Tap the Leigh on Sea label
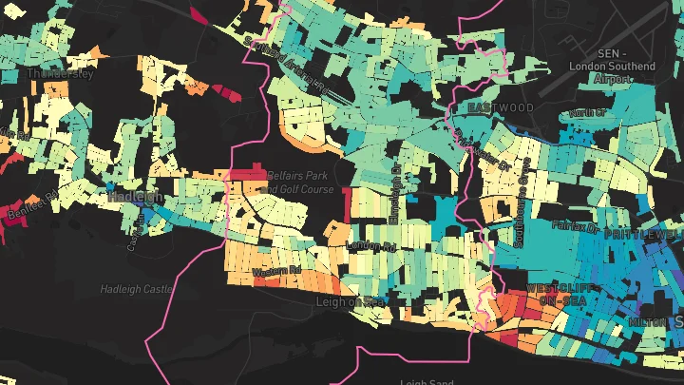tap(347, 301)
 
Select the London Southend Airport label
tap(611, 67)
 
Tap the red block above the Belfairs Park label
tap(249, 172)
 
